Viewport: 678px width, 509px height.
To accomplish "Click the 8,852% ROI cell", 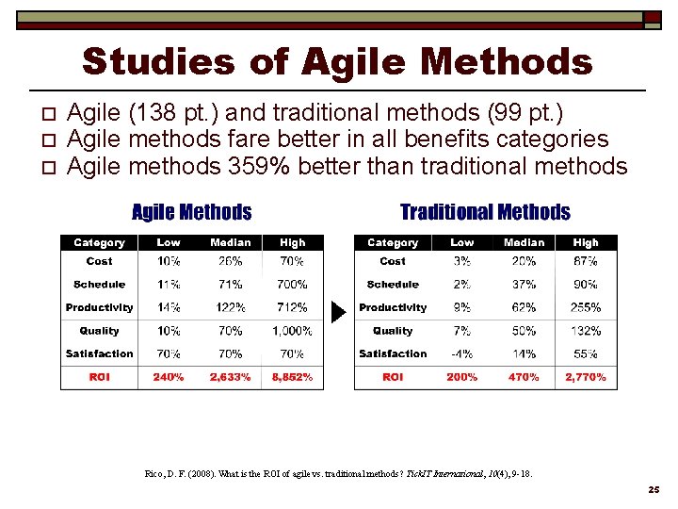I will click(292, 377).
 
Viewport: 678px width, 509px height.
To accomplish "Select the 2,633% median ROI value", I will click(230, 377).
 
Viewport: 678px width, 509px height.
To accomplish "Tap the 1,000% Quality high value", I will click(292, 331).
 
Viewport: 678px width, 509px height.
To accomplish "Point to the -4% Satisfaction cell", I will click(462, 354).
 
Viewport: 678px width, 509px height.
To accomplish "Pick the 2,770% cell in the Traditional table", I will click(586, 377).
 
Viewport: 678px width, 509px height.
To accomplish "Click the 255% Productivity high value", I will click(586, 307).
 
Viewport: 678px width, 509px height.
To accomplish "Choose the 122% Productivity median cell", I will click(230, 307).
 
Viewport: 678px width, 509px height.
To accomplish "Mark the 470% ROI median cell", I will click(524, 377).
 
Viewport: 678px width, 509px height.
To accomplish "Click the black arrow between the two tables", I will click(339, 310).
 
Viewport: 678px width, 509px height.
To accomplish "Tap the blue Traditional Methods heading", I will click(485, 212).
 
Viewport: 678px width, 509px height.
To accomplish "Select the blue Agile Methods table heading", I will click(191, 212).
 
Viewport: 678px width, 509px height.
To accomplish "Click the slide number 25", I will click(654, 490).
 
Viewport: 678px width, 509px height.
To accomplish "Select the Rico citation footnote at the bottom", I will click(338, 473).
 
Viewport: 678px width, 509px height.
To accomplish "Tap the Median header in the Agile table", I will click(230, 243).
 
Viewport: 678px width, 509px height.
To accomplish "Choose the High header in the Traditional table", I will click(586, 243).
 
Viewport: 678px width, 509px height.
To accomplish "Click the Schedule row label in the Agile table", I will click(99, 284).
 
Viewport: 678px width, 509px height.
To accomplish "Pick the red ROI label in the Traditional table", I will click(393, 377).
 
